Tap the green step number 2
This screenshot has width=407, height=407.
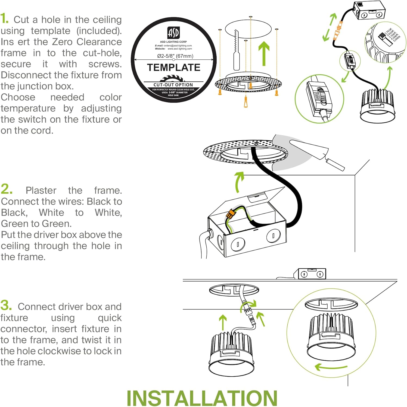[7, 189]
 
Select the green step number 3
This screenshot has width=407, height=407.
[6, 305]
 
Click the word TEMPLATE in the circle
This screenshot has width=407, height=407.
[174, 67]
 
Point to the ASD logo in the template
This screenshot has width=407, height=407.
[173, 33]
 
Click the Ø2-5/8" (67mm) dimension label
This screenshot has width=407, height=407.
[175, 56]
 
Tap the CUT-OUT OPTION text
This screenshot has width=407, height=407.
[173, 85]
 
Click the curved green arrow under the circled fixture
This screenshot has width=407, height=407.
[330, 367]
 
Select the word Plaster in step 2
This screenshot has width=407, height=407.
[41, 190]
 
